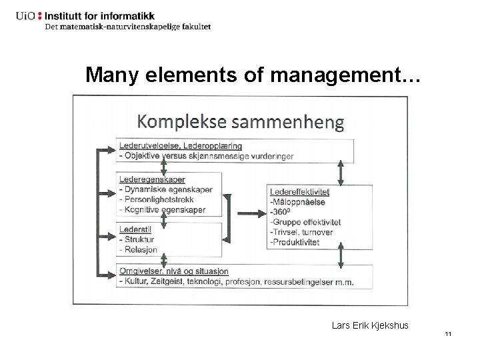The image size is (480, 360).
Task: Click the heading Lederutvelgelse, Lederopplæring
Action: coord(181,145)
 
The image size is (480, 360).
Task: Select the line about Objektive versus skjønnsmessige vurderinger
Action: coord(206,156)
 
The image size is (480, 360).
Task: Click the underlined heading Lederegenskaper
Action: coord(153,179)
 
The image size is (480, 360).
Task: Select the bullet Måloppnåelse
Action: coord(297,202)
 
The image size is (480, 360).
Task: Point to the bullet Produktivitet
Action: coord(297,242)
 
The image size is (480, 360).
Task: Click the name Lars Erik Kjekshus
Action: coord(370,325)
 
